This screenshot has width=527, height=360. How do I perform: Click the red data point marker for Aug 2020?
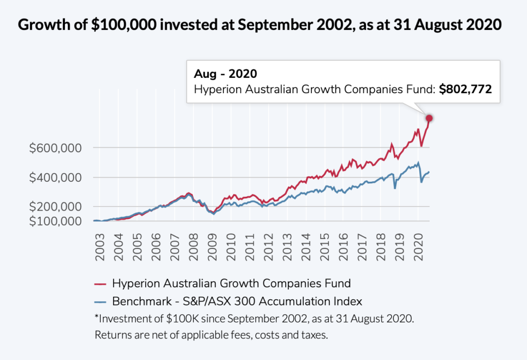pyautogui.click(x=429, y=118)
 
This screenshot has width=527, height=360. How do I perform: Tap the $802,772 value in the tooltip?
pyautogui.click(x=465, y=89)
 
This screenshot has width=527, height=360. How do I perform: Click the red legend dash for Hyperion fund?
pyautogui.click(x=101, y=284)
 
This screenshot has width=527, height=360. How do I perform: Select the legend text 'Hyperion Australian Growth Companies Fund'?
pyautogui.click(x=231, y=283)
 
